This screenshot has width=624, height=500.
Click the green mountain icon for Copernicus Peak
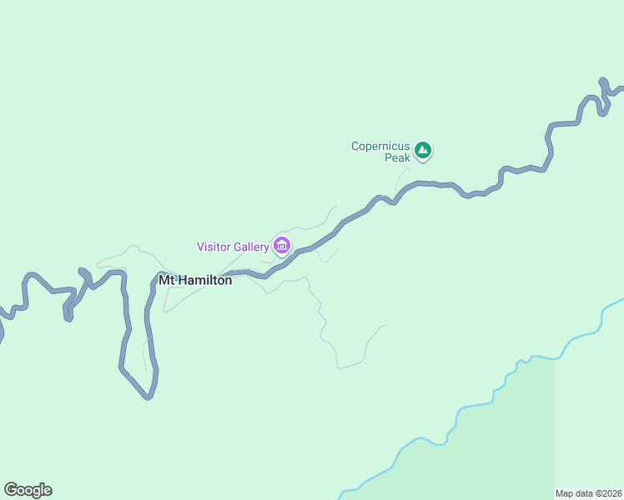coord(423,151)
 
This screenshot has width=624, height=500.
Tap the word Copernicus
coord(380,146)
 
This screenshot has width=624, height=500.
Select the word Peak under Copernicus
coord(397,157)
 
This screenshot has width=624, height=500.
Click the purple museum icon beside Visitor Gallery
coord(282,245)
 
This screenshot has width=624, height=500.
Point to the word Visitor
coord(214,247)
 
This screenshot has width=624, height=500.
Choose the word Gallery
coord(252,247)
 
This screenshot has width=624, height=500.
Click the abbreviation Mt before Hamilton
coord(166,281)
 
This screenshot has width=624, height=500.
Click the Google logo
coord(28,490)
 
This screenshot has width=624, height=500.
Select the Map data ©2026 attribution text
coord(589,493)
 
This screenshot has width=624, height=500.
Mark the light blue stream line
coord(467,408)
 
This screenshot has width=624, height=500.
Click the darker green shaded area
coord(517,433)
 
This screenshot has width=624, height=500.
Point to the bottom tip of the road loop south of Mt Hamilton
coord(148,397)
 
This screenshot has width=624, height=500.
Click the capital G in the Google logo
coord(11,490)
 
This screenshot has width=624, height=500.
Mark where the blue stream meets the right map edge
coord(621,299)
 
